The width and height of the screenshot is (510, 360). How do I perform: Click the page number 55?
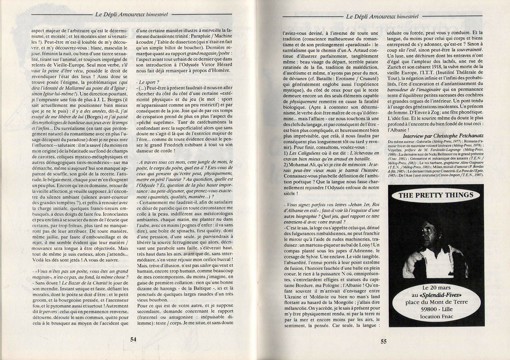(384, 341)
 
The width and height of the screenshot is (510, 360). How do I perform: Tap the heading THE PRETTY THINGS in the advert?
(436, 195)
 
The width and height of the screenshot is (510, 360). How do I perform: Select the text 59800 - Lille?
(436, 309)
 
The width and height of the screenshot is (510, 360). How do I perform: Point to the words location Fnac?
(436, 317)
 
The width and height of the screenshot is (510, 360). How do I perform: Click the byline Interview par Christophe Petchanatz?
(443, 136)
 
